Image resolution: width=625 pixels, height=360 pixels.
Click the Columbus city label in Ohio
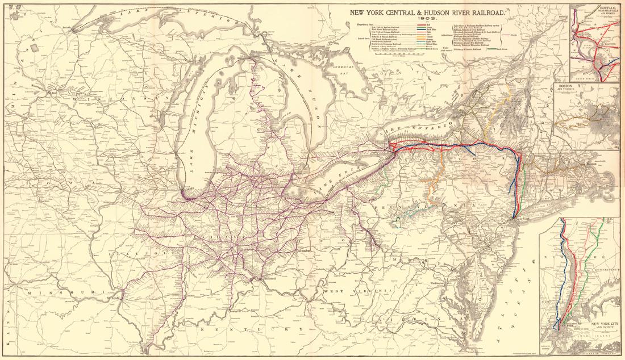303,249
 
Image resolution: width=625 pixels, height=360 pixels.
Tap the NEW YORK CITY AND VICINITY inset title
604,326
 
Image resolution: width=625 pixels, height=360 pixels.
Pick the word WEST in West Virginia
332,291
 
